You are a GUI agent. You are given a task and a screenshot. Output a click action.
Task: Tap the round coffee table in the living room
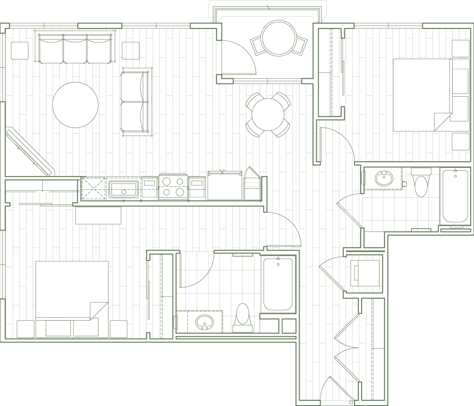tap(75, 105)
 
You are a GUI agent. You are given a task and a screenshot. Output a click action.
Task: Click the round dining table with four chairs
tap(268, 114)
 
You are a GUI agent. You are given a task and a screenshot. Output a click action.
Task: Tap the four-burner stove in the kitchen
tap(173, 187)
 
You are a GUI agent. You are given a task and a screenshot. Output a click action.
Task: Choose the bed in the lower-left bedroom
tap(71, 290)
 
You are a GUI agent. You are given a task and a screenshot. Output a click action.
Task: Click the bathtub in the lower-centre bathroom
tap(279, 285)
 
